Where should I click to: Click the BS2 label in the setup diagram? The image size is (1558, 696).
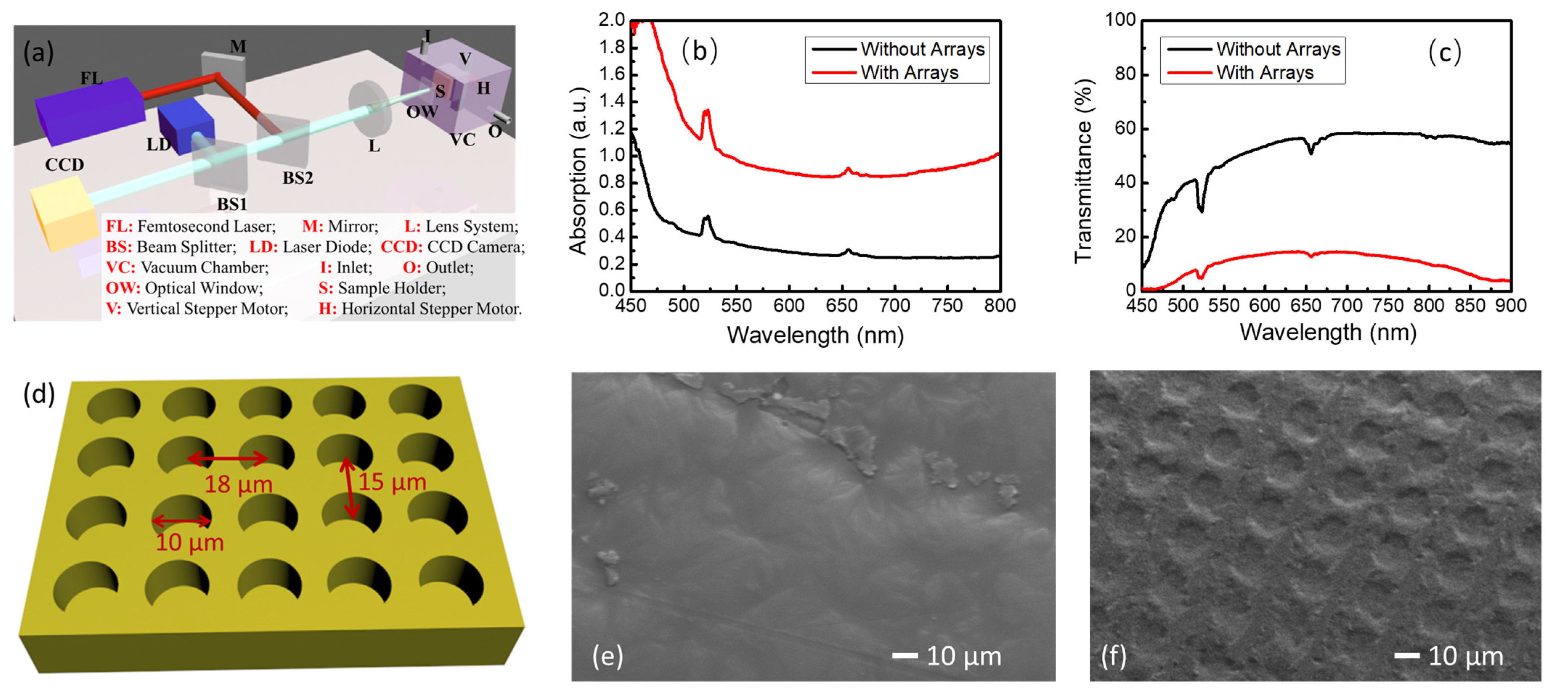(298, 178)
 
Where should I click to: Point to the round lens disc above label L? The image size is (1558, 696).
(370, 109)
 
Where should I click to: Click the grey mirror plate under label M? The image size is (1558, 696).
(223, 73)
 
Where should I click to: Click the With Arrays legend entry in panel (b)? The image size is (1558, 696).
(909, 73)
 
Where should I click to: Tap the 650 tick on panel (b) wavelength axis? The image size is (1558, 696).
(842, 306)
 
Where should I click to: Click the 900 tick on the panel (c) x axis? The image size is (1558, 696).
(1510, 306)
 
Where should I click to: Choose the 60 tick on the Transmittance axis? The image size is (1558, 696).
(1124, 128)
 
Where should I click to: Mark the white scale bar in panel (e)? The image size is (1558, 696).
(905, 655)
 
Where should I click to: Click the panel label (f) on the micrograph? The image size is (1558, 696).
(1113, 656)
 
